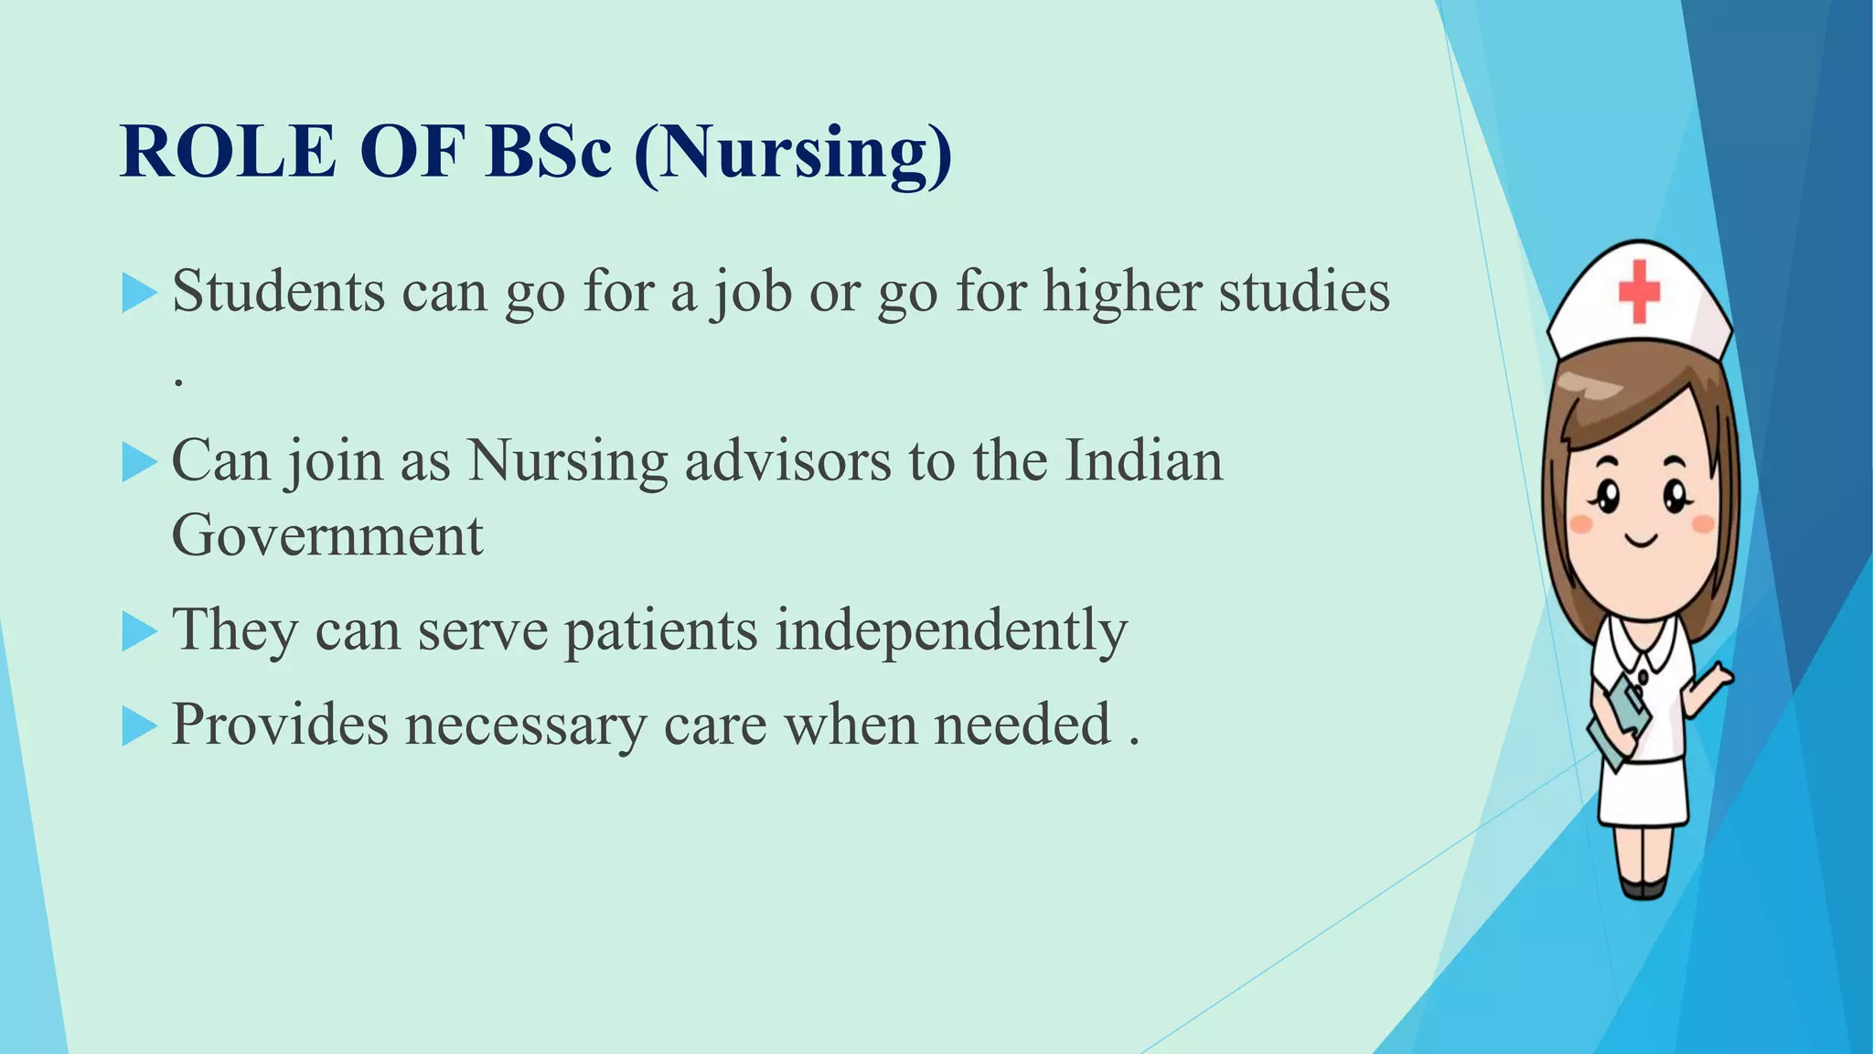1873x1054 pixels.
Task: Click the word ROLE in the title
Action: tap(229, 151)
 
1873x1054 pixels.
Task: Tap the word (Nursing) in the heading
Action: tap(793, 154)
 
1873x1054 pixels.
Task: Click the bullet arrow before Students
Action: tap(139, 294)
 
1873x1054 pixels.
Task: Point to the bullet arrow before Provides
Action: tap(139, 726)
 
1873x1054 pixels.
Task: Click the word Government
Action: tap(326, 536)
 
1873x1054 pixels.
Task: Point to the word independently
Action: tap(951, 631)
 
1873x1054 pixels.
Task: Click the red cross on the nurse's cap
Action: tap(1639, 291)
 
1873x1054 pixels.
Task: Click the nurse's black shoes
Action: tap(1643, 887)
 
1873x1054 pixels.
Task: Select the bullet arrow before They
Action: tap(139, 632)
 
